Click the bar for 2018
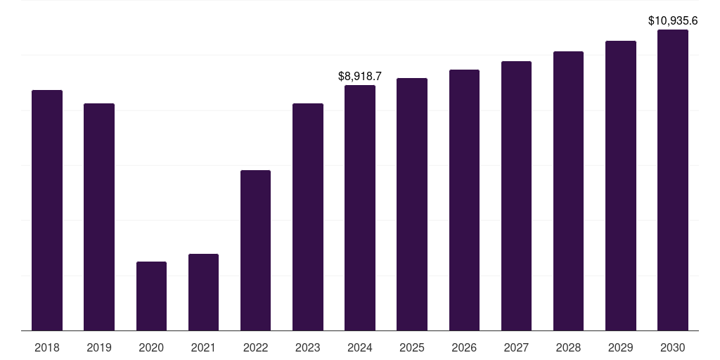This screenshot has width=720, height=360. pyautogui.click(x=47, y=210)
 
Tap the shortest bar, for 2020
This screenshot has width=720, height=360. pyautogui.click(x=151, y=296)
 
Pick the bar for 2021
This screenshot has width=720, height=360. pyautogui.click(x=203, y=292)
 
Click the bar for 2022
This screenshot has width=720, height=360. pyautogui.click(x=255, y=250)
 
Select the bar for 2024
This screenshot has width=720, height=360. pyautogui.click(x=360, y=207)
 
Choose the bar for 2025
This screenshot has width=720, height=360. pyautogui.click(x=412, y=204)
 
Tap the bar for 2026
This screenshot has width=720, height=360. pyautogui.click(x=464, y=200)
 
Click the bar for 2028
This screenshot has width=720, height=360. pyautogui.click(x=568, y=191)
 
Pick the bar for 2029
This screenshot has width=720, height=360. pyautogui.click(x=621, y=186)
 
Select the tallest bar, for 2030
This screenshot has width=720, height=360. pyautogui.click(x=673, y=180)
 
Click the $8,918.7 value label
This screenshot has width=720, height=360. pyautogui.click(x=360, y=75)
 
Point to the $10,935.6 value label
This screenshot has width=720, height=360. pyautogui.click(x=673, y=20)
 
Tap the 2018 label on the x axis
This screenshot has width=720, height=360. pyautogui.click(x=47, y=347)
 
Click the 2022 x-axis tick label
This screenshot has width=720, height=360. pyautogui.click(x=255, y=347)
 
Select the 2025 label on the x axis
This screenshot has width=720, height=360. pyautogui.click(x=412, y=347)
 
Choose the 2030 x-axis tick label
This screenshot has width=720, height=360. pyautogui.click(x=673, y=347)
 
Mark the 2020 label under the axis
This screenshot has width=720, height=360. pyautogui.click(x=151, y=347)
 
